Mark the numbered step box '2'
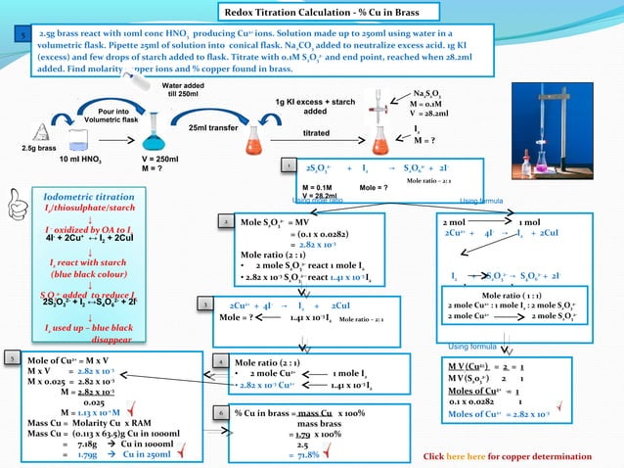(226, 223)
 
